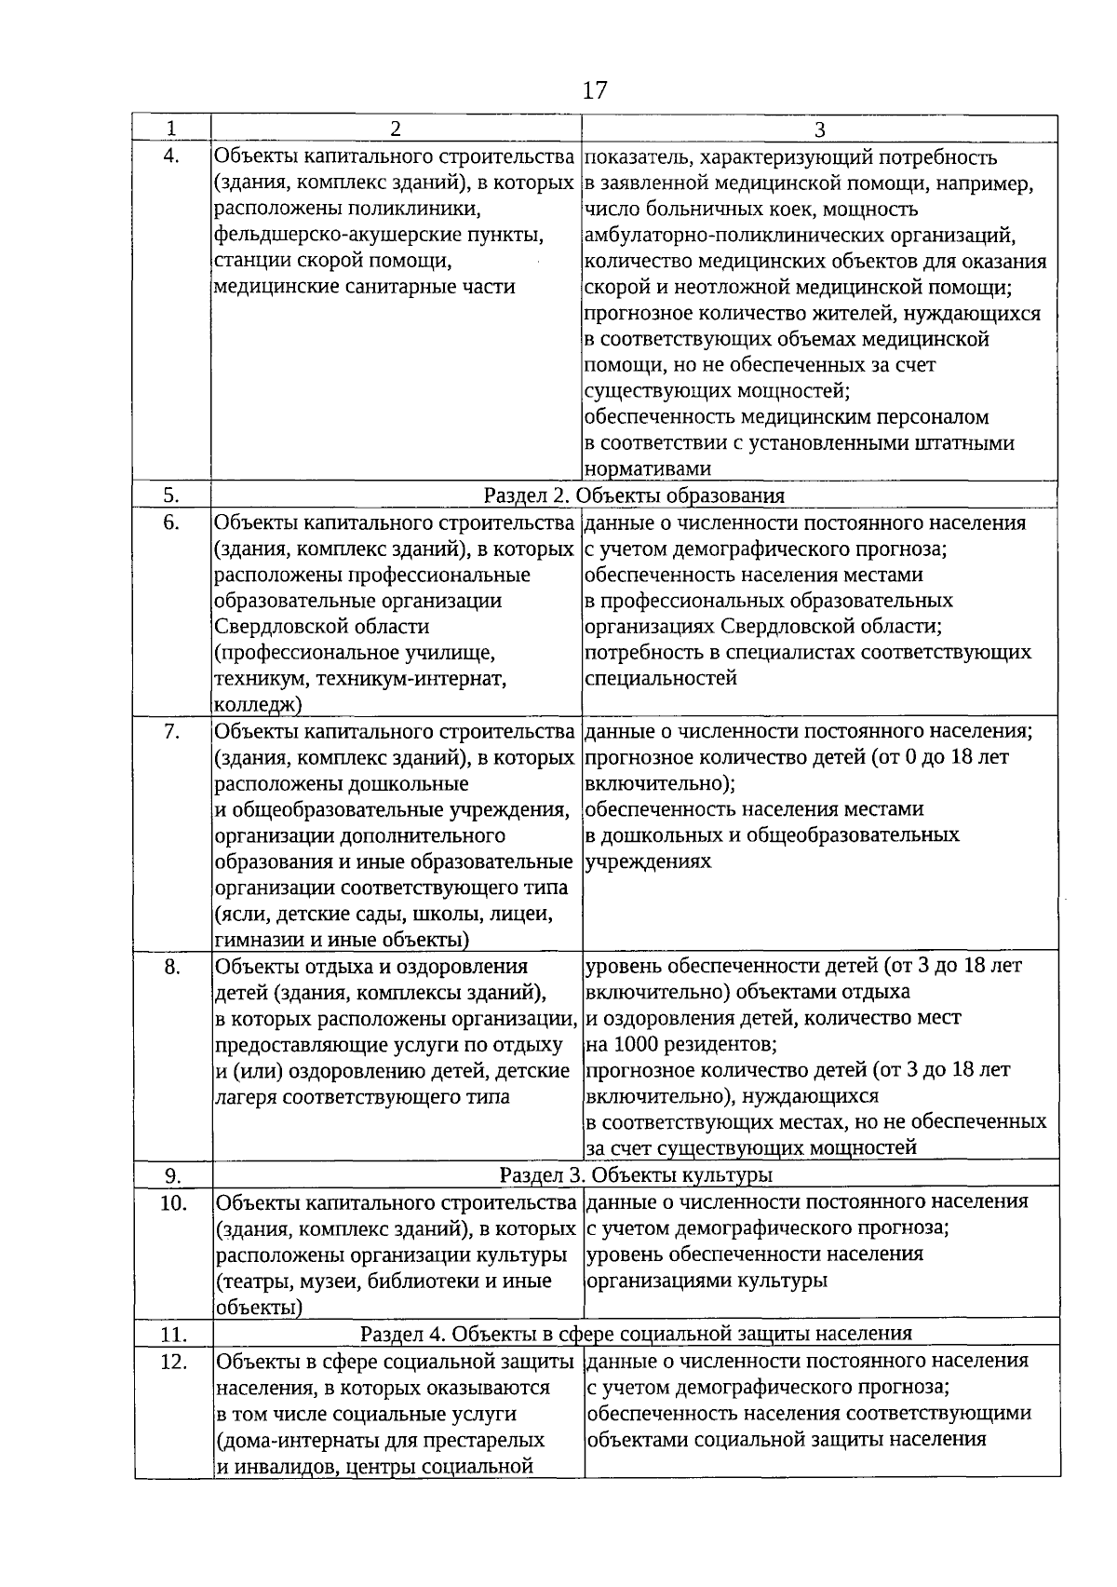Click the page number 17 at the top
click(595, 90)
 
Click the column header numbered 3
click(819, 129)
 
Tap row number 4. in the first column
click(171, 156)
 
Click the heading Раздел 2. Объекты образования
click(634, 495)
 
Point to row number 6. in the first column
click(171, 522)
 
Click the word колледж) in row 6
click(258, 705)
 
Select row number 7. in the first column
click(171, 731)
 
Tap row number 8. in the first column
click(171, 967)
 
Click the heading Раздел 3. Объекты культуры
click(636, 1174)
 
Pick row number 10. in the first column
click(173, 1202)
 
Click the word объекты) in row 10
click(259, 1308)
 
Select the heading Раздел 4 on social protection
click(636, 1334)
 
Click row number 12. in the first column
click(173, 1362)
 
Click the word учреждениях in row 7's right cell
click(648, 861)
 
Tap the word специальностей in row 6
click(661, 678)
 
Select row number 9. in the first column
click(171, 1175)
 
